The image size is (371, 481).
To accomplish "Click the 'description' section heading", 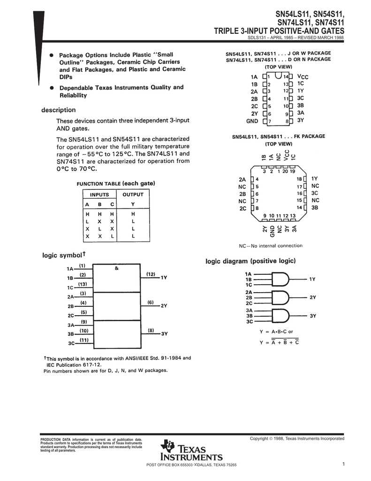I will (59, 110).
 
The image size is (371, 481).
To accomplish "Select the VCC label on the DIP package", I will (303, 76).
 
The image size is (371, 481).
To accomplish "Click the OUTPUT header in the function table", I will (133, 194).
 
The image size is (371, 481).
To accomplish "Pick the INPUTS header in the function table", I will (99, 194).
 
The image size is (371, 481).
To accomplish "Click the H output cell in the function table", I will (133, 214).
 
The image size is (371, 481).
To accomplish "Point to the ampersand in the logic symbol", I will (116, 268).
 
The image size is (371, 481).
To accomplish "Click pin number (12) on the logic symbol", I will (151, 273).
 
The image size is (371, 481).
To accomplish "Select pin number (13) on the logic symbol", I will (83, 284).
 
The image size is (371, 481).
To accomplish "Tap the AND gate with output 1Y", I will (280, 279).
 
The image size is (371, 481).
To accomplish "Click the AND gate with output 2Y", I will (280, 297).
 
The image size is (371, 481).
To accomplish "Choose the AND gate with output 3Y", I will (280, 316).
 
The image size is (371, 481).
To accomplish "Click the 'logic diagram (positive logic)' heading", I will (251, 261).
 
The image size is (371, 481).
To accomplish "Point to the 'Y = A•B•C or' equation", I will (276, 332).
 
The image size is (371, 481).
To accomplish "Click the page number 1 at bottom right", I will (344, 465).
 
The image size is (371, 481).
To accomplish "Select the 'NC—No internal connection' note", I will (271, 246).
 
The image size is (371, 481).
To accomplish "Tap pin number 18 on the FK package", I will (299, 179).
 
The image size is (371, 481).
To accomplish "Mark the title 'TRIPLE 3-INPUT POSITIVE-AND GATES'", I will (279, 31).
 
